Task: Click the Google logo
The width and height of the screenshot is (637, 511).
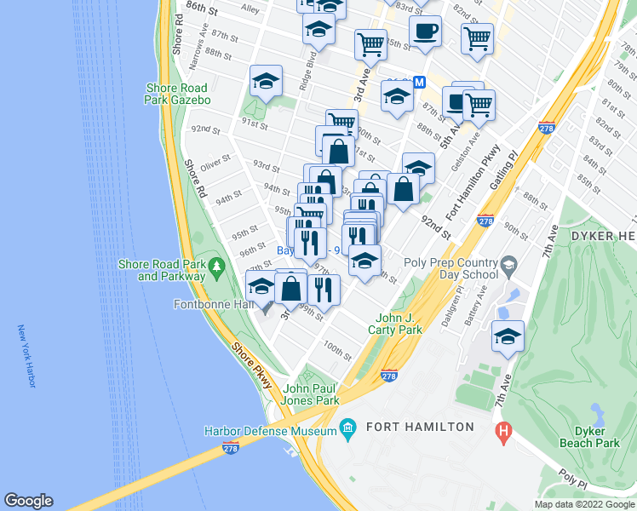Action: (x=28, y=501)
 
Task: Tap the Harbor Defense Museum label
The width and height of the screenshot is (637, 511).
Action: (x=270, y=431)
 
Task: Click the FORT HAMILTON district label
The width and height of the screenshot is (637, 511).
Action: (x=420, y=426)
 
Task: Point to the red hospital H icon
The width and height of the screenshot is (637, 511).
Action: (x=504, y=432)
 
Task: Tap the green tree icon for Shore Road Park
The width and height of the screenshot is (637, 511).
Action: (x=217, y=266)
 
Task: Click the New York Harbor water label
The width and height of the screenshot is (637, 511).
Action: (x=26, y=356)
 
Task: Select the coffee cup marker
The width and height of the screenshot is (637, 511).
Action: (x=425, y=32)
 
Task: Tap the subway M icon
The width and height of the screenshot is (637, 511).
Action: (x=418, y=83)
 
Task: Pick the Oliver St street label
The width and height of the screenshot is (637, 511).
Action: (x=216, y=159)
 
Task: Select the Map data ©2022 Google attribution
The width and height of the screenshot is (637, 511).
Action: (x=584, y=504)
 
